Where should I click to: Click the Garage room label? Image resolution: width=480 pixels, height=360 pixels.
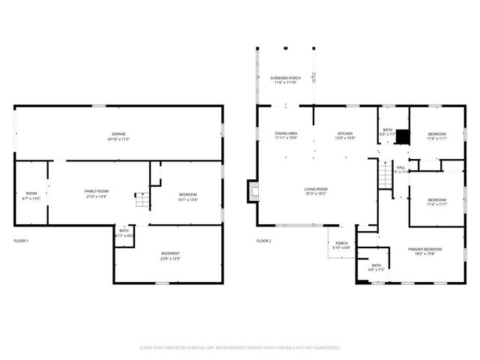118,136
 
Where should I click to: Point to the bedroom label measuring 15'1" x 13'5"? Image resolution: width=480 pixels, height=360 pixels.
187,196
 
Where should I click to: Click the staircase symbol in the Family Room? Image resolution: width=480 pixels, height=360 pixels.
141,200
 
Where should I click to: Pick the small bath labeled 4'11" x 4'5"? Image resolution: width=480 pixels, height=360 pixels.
124,233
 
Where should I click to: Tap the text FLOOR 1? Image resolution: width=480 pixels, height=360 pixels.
21,241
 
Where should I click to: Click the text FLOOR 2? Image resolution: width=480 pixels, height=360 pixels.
263,241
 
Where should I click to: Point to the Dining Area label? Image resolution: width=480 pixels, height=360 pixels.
286,136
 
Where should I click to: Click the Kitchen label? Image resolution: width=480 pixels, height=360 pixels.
343,136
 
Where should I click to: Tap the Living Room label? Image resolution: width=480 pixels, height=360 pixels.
315,191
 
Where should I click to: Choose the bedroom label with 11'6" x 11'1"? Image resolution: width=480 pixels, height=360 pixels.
437,136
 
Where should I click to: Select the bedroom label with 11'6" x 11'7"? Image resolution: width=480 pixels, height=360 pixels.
437,202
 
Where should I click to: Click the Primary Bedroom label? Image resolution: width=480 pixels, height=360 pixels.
424,251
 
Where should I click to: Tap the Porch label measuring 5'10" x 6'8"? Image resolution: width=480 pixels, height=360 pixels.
341,245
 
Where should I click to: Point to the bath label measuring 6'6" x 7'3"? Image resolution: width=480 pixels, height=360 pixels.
376,268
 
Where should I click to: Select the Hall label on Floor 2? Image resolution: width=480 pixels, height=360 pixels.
400,169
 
